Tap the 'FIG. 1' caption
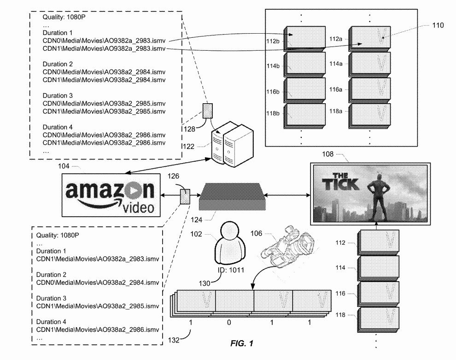coord(242,344)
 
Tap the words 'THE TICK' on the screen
coord(343,182)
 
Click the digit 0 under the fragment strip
coord(229,323)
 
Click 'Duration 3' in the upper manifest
coord(58,95)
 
